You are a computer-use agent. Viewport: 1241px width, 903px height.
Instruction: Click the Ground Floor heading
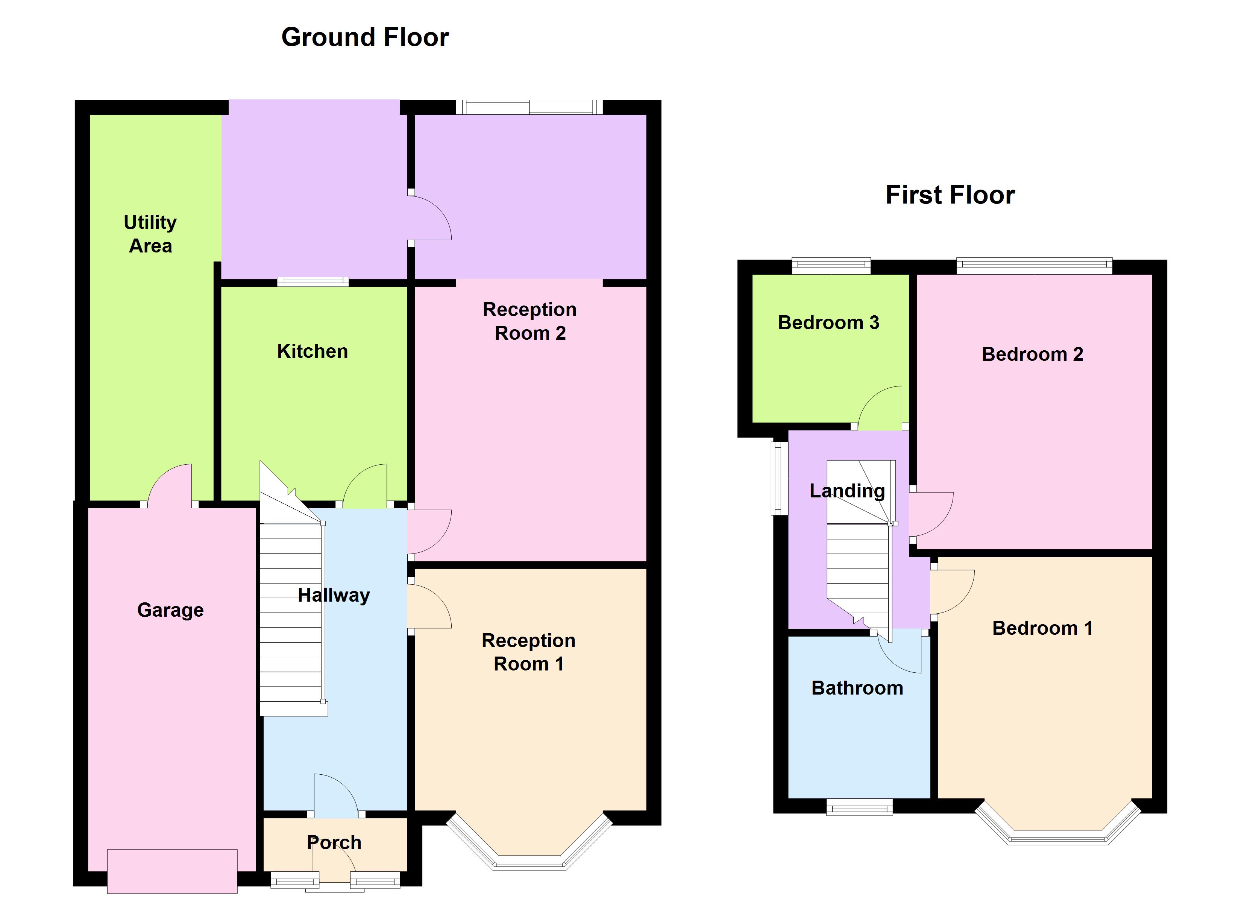pyautogui.click(x=365, y=37)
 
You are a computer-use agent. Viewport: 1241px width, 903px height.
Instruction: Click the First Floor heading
pyautogui.click(x=950, y=195)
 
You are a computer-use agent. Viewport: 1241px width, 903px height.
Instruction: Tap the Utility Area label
pyautogui.click(x=150, y=234)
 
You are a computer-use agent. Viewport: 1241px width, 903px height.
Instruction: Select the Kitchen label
pyautogui.click(x=313, y=351)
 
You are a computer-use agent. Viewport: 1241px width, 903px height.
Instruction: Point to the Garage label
pyautogui.click(x=170, y=610)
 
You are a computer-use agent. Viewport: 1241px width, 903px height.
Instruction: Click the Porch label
pyautogui.click(x=334, y=842)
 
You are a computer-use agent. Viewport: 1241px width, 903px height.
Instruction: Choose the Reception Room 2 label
pyautogui.click(x=529, y=321)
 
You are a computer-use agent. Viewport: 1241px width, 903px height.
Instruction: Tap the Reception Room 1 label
pyautogui.click(x=529, y=652)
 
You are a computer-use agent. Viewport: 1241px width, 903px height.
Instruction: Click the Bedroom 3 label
pyautogui.click(x=828, y=322)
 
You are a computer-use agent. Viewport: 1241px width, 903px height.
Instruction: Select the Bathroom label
pyautogui.click(x=857, y=688)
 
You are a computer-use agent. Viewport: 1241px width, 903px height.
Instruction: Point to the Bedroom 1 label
pyautogui.click(x=1042, y=628)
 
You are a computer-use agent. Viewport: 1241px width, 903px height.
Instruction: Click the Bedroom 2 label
pyautogui.click(x=1033, y=354)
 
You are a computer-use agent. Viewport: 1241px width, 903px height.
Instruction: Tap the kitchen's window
pyautogui.click(x=313, y=282)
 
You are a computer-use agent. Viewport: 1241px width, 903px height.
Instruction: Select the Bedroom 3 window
pyautogui.click(x=831, y=266)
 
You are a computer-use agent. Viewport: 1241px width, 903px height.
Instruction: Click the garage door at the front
pyautogui.click(x=172, y=871)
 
